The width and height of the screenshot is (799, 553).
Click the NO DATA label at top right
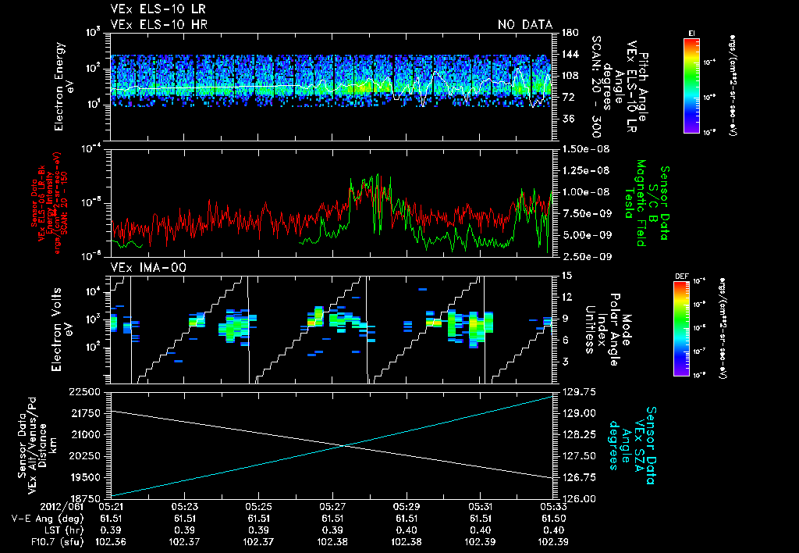point(524,24)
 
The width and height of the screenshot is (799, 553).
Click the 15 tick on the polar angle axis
point(566,275)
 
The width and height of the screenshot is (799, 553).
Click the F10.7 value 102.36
point(110,541)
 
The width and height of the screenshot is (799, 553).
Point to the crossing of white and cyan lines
point(344,446)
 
